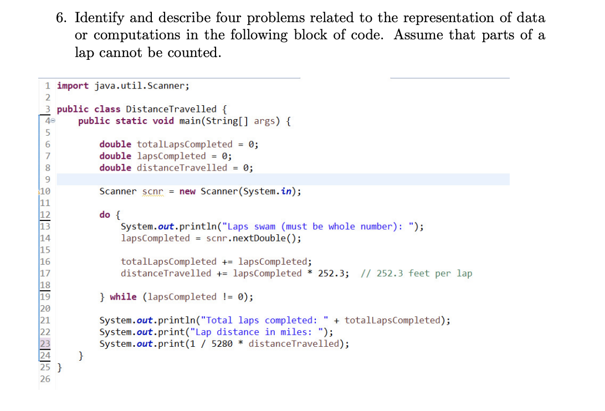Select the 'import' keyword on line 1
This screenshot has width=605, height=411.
point(73,86)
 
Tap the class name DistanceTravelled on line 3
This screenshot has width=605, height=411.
point(171,109)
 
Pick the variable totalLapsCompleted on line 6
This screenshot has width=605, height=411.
point(184,145)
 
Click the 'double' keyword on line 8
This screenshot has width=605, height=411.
point(115,168)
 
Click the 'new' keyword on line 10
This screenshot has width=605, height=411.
point(187,192)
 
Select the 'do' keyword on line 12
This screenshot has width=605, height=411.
point(105,215)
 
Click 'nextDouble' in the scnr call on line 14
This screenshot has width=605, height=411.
point(262,238)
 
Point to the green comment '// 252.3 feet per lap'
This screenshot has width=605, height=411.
point(416,274)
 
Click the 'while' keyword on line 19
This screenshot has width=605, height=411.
point(123,297)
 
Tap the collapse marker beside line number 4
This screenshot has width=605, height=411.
point(53,121)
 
